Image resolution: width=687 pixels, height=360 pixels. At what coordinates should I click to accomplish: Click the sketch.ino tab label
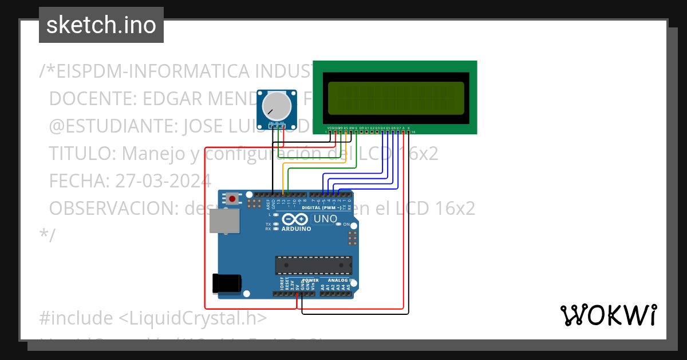click(101, 25)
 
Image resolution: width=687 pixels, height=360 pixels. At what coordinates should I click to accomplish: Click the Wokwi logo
click(608, 315)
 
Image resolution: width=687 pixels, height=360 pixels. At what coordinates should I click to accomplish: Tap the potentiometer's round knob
click(275, 106)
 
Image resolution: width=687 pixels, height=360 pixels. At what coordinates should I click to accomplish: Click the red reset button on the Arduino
click(232, 199)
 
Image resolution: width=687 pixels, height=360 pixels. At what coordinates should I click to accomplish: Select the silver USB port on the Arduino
click(224, 221)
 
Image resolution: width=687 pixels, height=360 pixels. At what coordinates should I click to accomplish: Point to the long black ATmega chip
click(313, 265)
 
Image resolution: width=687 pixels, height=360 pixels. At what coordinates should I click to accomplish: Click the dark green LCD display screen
click(396, 98)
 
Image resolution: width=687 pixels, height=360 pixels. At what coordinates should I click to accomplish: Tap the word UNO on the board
click(325, 219)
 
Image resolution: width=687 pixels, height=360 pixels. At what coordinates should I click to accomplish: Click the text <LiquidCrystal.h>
click(192, 318)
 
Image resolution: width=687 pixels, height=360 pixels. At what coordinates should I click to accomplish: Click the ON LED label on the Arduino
click(346, 225)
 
